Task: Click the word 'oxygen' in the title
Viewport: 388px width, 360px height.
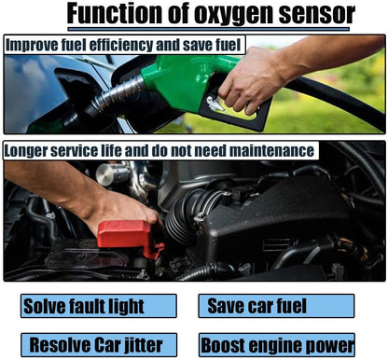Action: pyautogui.click(x=234, y=14)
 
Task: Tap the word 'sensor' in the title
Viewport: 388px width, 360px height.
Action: pyautogui.click(x=317, y=14)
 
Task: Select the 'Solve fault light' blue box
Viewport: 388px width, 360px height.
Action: pyautogui.click(x=99, y=306)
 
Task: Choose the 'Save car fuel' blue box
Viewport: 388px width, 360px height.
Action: pyautogui.click(x=276, y=306)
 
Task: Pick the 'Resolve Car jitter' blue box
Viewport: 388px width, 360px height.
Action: pyautogui.click(x=99, y=345)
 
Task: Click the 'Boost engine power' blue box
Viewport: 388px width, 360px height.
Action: pyautogui.click(x=277, y=345)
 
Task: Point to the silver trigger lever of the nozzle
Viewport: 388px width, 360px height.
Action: pyautogui.click(x=215, y=104)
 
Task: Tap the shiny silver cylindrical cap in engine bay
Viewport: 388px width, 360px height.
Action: pyautogui.click(x=112, y=174)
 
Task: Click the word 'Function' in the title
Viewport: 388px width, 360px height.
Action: pyautogui.click(x=114, y=14)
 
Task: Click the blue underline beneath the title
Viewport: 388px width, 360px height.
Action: pyautogui.click(x=208, y=29)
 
